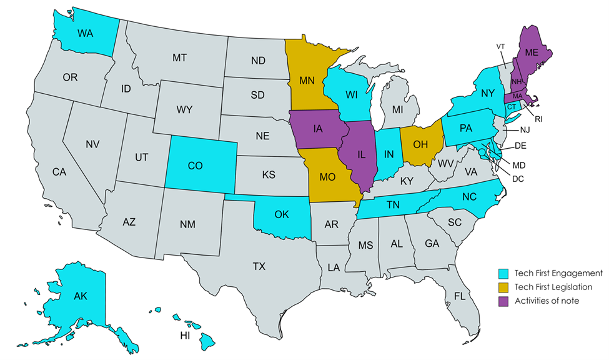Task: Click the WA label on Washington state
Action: point(86,32)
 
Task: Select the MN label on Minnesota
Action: point(306,81)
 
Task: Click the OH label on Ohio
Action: point(421,144)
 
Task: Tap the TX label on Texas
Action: point(259,266)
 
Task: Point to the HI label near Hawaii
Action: point(185,335)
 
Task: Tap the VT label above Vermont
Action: point(500,47)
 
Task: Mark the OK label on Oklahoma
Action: point(282,214)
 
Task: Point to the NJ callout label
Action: point(525,131)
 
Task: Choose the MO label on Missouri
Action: point(328,176)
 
